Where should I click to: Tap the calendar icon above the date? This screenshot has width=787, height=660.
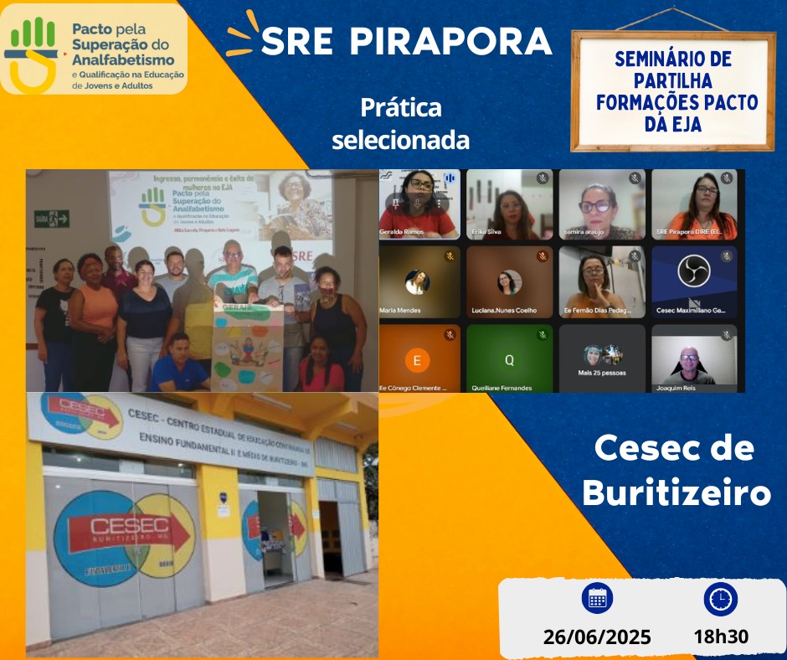tap(597, 598)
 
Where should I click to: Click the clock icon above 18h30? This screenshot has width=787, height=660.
tap(721, 598)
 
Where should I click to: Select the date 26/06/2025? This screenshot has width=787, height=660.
tap(597, 637)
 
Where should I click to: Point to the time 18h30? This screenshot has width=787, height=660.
tap(721, 637)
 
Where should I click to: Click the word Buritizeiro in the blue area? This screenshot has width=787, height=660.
tap(676, 493)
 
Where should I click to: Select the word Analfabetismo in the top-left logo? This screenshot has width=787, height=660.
tap(123, 59)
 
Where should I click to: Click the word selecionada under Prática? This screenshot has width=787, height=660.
tap(400, 140)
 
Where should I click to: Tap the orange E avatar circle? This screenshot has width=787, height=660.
tap(417, 361)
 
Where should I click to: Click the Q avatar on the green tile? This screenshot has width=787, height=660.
tap(509, 361)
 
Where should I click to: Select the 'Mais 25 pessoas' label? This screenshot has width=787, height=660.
tap(602, 373)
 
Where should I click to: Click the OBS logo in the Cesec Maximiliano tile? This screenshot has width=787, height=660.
tap(694, 271)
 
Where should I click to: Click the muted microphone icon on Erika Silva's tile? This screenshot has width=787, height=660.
tap(543, 178)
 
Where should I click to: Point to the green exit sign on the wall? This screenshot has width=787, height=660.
tap(52, 219)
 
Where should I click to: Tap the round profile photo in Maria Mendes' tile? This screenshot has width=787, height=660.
tap(417, 282)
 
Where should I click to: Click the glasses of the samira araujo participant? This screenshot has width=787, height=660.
tap(596, 205)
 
